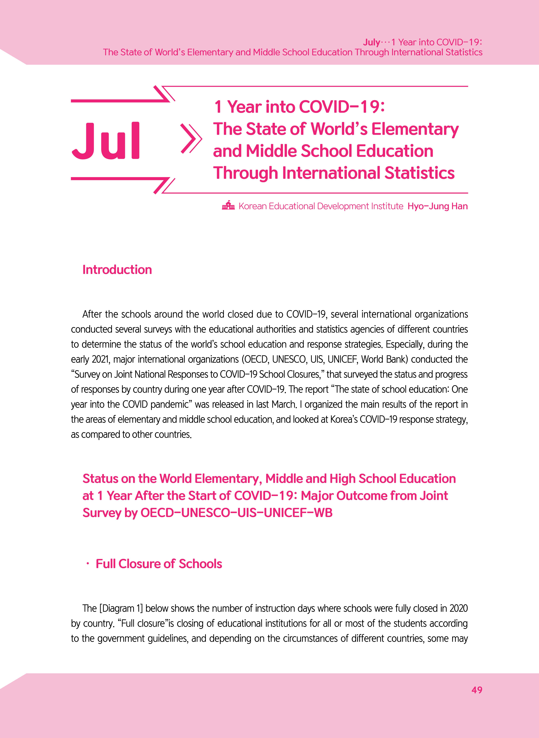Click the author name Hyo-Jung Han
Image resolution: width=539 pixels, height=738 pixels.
click(x=438, y=206)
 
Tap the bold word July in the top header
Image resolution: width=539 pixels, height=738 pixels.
click(x=371, y=42)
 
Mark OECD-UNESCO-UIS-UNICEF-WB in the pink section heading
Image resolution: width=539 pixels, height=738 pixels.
click(x=236, y=513)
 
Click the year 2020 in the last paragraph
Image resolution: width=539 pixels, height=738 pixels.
click(x=458, y=608)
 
